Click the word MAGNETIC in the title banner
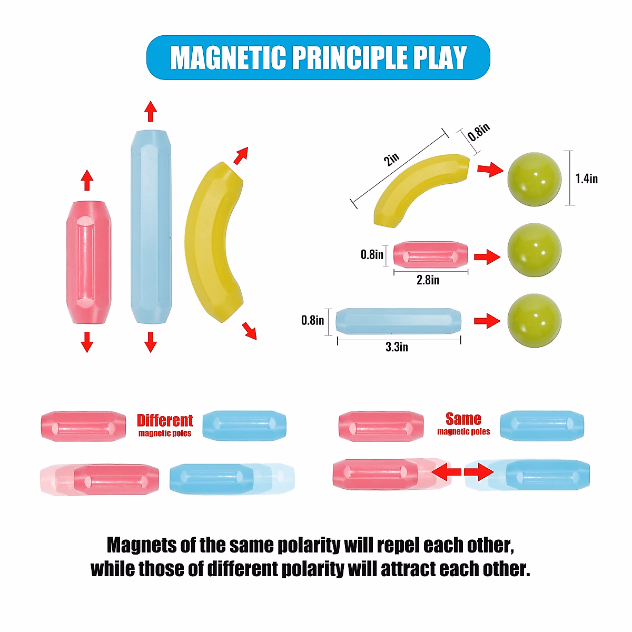[227, 58]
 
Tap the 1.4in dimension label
[586, 179]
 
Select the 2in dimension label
[391, 159]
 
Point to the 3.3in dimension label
[397, 347]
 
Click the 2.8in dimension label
[428, 280]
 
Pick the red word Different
[165, 420]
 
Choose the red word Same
[463, 419]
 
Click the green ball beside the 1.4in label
[534, 179]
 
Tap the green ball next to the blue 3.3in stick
[534, 320]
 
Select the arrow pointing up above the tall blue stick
[151, 111]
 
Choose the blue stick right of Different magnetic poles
[244, 426]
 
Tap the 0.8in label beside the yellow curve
[479, 132]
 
